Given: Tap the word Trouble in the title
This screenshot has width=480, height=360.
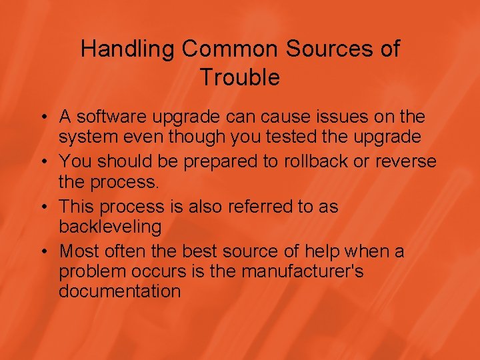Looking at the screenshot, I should (x=240, y=78).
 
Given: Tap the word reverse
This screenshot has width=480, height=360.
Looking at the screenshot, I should (x=406, y=161).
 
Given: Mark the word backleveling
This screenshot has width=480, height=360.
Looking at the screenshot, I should (x=110, y=227).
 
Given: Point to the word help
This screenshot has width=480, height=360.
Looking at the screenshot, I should (x=321, y=251).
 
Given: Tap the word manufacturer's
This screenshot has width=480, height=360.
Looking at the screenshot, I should (x=303, y=271).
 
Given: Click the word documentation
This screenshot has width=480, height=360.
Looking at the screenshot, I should (x=119, y=291).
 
